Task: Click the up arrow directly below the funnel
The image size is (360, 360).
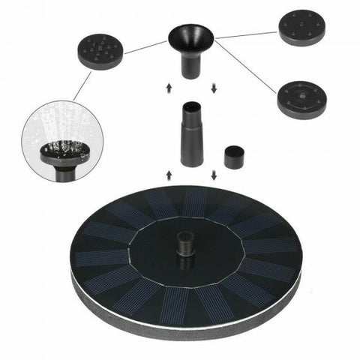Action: click(x=168, y=88)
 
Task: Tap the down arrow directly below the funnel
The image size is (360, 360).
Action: click(x=214, y=88)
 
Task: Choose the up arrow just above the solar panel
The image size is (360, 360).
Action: click(x=168, y=175)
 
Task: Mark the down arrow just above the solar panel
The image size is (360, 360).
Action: click(x=214, y=175)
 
